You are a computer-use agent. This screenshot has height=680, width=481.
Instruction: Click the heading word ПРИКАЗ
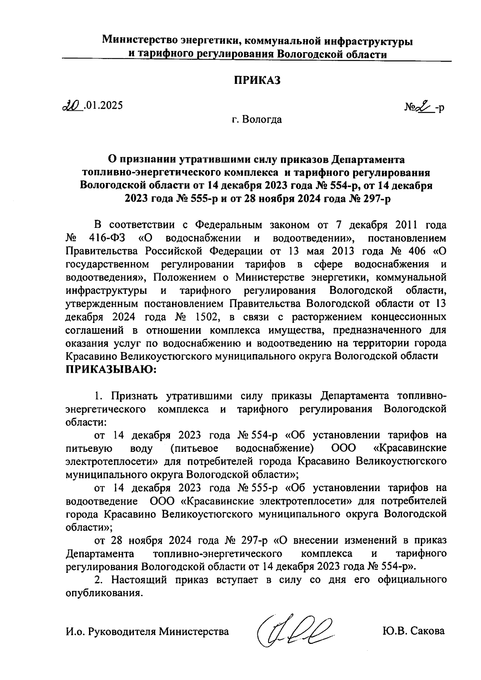click(x=257, y=80)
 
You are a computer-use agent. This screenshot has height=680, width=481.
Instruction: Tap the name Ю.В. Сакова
click(x=414, y=631)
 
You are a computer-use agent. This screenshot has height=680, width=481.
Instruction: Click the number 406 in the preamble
click(x=412, y=252)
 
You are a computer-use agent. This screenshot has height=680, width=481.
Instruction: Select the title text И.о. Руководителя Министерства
click(x=147, y=631)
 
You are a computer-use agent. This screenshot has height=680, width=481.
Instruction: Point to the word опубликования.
click(x=104, y=593)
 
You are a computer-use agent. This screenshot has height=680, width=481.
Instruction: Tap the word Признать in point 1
click(x=135, y=396)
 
